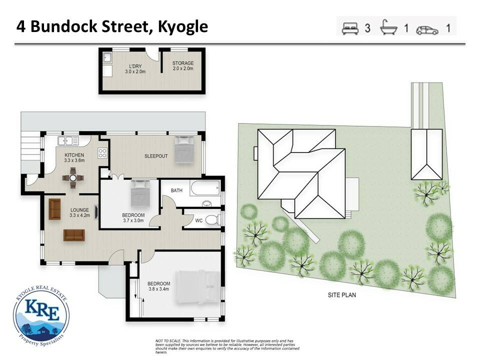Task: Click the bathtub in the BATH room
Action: pyautogui.click(x=205, y=188)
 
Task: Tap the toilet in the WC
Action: pyautogui.click(x=212, y=219)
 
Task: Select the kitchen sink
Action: pyautogui.click(x=68, y=141)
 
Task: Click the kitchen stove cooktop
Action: pyautogui.click(x=102, y=153)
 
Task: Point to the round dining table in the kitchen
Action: pyautogui.click(x=73, y=177)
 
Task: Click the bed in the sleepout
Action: pyautogui.click(x=184, y=149)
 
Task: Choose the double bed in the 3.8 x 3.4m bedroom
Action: pyautogui.click(x=198, y=287)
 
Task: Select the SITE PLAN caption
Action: pyautogui.click(x=342, y=295)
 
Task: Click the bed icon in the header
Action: pyautogui.click(x=350, y=28)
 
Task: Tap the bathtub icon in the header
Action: pyautogui.click(x=389, y=27)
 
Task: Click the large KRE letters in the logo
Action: pyautogui.click(x=42, y=310)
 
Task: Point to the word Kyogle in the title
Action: pyautogui.click(x=183, y=26)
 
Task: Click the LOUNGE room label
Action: pyautogui.click(x=79, y=210)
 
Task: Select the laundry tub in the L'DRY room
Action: pyautogui.click(x=107, y=57)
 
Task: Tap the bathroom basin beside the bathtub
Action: pyautogui.click(x=207, y=203)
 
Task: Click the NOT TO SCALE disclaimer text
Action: pyautogui.click(x=227, y=346)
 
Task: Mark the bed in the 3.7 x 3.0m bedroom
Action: pyautogui.click(x=140, y=193)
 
